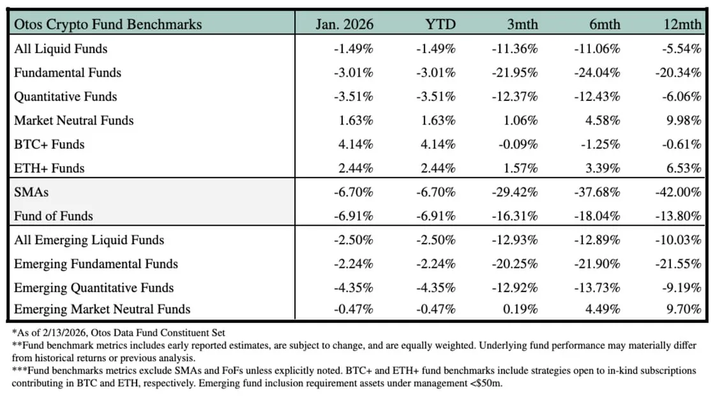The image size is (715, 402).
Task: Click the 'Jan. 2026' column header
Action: click(x=344, y=25)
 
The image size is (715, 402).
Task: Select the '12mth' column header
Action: click(x=682, y=25)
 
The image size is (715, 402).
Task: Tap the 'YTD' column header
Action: click(x=440, y=25)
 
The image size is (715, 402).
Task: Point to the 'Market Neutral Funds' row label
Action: click(x=74, y=120)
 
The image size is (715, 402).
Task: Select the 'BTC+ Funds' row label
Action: click(x=49, y=144)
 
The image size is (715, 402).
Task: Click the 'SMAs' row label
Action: click(x=31, y=192)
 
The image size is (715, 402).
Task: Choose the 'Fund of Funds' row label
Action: click(x=54, y=216)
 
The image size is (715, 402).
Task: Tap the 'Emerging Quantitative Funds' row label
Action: click(x=94, y=288)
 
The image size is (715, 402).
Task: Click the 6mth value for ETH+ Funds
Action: click(x=600, y=168)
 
